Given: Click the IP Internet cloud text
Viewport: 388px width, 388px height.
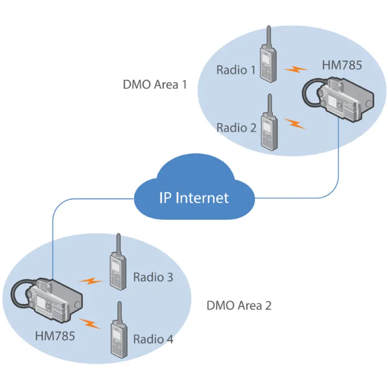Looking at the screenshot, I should coord(194,198).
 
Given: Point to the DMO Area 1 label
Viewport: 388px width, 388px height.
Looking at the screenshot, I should coord(155,84).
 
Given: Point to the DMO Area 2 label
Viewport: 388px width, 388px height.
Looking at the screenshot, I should coord(239,306).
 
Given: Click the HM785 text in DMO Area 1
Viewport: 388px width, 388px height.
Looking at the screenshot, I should coord(342,65).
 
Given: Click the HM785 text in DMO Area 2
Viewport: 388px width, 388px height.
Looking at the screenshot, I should coord(55,336).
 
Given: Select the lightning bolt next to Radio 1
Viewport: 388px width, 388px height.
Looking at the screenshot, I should coord(296,70).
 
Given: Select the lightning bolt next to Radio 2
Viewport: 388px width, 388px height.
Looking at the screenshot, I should coord(295,124).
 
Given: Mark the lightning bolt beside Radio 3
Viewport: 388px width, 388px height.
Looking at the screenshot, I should coord(91,281).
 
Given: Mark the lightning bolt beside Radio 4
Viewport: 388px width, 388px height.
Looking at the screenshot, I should coord(90,323).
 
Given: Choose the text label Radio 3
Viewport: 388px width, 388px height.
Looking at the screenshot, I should coord(153,277).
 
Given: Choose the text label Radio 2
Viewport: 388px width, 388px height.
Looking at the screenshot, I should coord(236,128).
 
